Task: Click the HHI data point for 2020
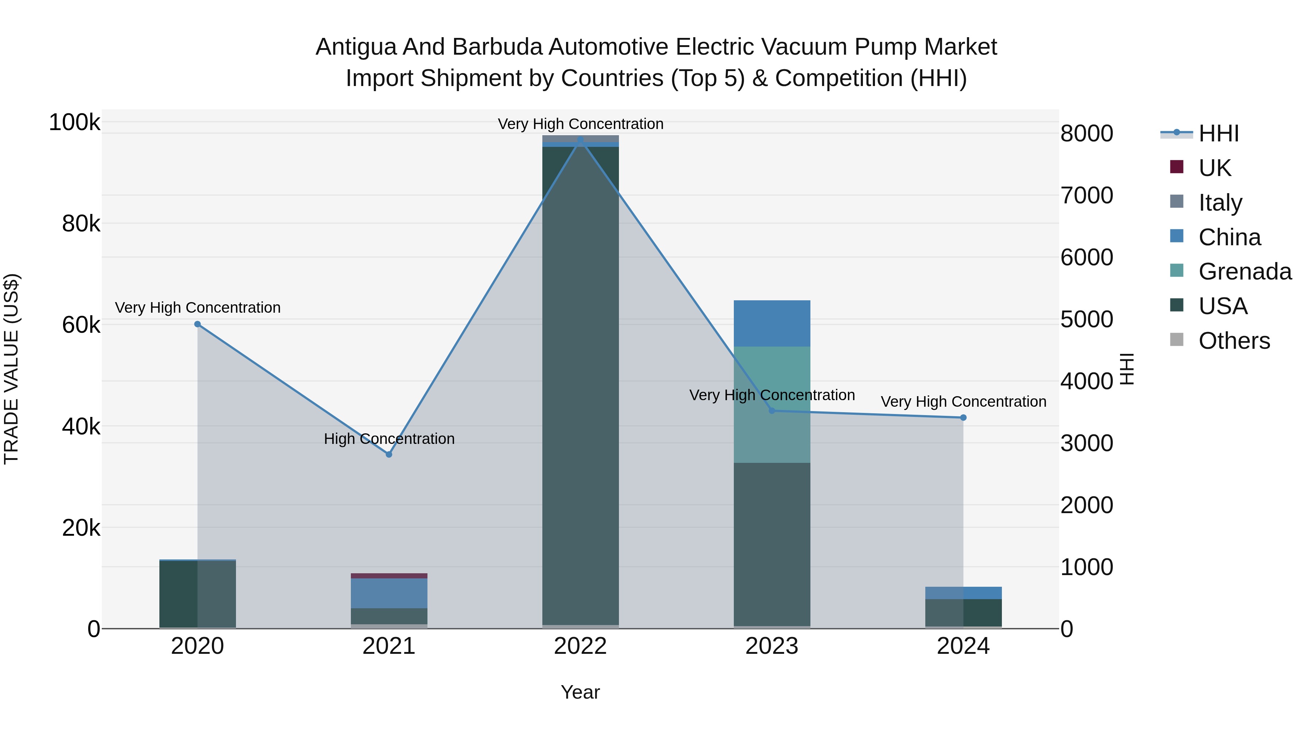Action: (198, 324)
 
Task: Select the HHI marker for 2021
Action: (389, 454)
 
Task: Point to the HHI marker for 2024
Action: (963, 418)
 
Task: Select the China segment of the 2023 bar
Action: (772, 323)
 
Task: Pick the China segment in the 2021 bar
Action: (389, 593)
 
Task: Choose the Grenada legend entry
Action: (1245, 272)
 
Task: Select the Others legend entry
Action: (1234, 341)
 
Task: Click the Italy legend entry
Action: (1220, 203)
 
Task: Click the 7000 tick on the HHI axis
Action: (1087, 196)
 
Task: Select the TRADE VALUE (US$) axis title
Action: (11, 369)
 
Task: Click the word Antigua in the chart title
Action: (356, 47)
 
